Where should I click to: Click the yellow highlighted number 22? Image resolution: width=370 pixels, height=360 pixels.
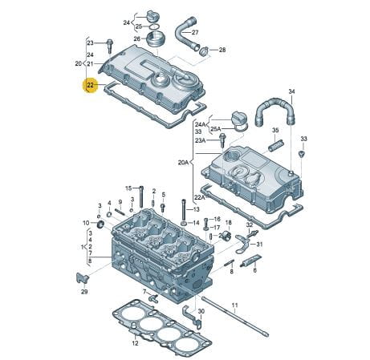[91, 85]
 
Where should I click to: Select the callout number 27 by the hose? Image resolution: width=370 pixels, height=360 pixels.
[195, 32]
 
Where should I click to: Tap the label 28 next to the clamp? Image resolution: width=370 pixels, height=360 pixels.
[222, 50]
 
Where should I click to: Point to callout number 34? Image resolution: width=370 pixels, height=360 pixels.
[291, 91]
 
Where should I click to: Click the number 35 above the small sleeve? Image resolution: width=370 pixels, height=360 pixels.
[275, 130]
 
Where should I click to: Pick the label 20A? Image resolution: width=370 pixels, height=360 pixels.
[183, 162]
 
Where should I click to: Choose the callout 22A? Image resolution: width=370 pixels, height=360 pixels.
[199, 197]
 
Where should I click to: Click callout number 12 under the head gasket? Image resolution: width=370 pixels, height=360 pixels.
[135, 343]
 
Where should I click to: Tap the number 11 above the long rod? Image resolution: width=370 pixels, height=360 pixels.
[234, 305]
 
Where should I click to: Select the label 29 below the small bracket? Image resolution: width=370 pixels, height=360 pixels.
[84, 292]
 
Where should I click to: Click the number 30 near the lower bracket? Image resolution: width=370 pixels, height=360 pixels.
[201, 311]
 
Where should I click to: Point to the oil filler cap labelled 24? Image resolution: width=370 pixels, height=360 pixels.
[151, 15]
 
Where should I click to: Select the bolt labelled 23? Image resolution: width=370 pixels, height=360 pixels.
[110, 46]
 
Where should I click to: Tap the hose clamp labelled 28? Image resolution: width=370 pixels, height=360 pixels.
[204, 51]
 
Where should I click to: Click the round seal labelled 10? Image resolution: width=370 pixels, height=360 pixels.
[101, 224]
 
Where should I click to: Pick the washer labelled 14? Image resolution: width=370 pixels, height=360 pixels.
[185, 223]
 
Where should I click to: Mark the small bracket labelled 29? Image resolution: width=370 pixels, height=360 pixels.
[82, 278]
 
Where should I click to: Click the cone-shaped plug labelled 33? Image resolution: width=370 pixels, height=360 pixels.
[302, 154]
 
